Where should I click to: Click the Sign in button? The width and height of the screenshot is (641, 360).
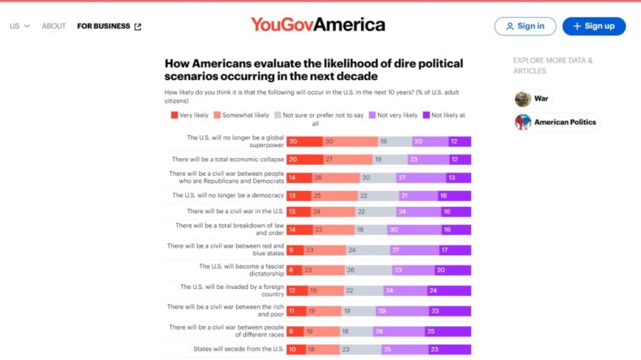click(x=525, y=26)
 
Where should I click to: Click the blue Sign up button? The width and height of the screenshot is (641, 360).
click(x=594, y=26)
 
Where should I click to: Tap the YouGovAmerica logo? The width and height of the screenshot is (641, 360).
click(x=317, y=25)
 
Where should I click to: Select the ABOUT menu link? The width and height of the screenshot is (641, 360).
click(x=54, y=26)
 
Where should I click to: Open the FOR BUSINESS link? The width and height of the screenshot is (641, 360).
click(x=109, y=26)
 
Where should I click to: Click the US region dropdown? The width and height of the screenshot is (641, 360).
click(x=20, y=26)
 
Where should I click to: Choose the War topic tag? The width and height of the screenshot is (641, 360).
click(x=534, y=98)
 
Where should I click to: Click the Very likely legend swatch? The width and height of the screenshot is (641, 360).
click(x=174, y=115)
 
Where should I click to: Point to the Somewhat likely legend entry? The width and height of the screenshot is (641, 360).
click(x=241, y=115)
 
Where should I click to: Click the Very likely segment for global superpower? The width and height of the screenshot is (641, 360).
click(x=304, y=141)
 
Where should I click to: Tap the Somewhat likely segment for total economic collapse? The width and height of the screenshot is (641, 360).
click(x=348, y=159)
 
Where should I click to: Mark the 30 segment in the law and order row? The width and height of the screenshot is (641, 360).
click(x=404, y=228)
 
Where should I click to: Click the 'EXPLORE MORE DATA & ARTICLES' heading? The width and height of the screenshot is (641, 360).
click(x=553, y=66)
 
